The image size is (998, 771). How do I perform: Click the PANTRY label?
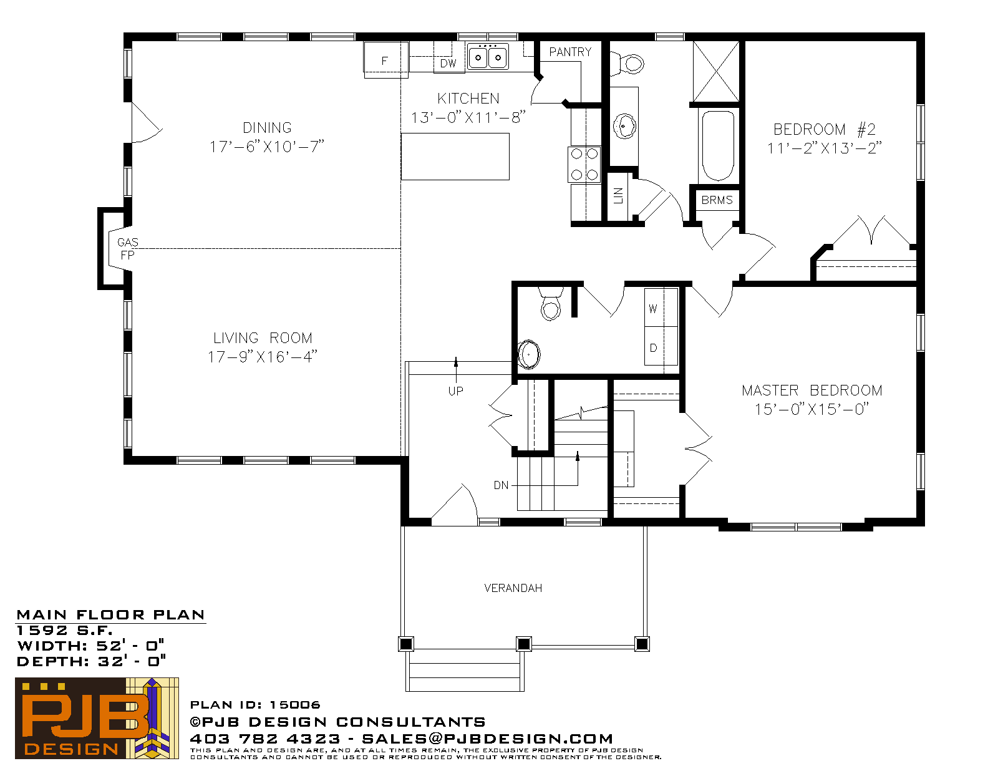click(570, 52)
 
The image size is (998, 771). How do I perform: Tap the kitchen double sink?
click(488, 57)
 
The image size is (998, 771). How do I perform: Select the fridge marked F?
click(385, 60)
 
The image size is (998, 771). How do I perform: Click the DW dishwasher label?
click(448, 64)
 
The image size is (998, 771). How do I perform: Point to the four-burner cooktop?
click(584, 165)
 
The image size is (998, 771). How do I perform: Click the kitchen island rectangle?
click(455, 157)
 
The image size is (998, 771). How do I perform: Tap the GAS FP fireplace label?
click(127, 248)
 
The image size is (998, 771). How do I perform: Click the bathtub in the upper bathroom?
click(719, 145)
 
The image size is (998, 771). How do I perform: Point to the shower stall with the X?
click(716, 72)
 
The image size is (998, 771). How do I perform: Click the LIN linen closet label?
click(618, 196)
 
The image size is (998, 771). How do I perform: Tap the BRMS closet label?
click(717, 200)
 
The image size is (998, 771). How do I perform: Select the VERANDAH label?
click(513, 588)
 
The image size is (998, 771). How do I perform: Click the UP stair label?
click(455, 391)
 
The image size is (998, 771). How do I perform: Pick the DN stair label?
click(501, 485)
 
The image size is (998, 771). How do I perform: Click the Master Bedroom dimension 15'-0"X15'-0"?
click(812, 409)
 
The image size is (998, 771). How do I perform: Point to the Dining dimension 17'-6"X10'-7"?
click(267, 147)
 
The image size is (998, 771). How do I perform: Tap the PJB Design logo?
click(97, 718)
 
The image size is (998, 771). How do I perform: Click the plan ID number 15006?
click(295, 705)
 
